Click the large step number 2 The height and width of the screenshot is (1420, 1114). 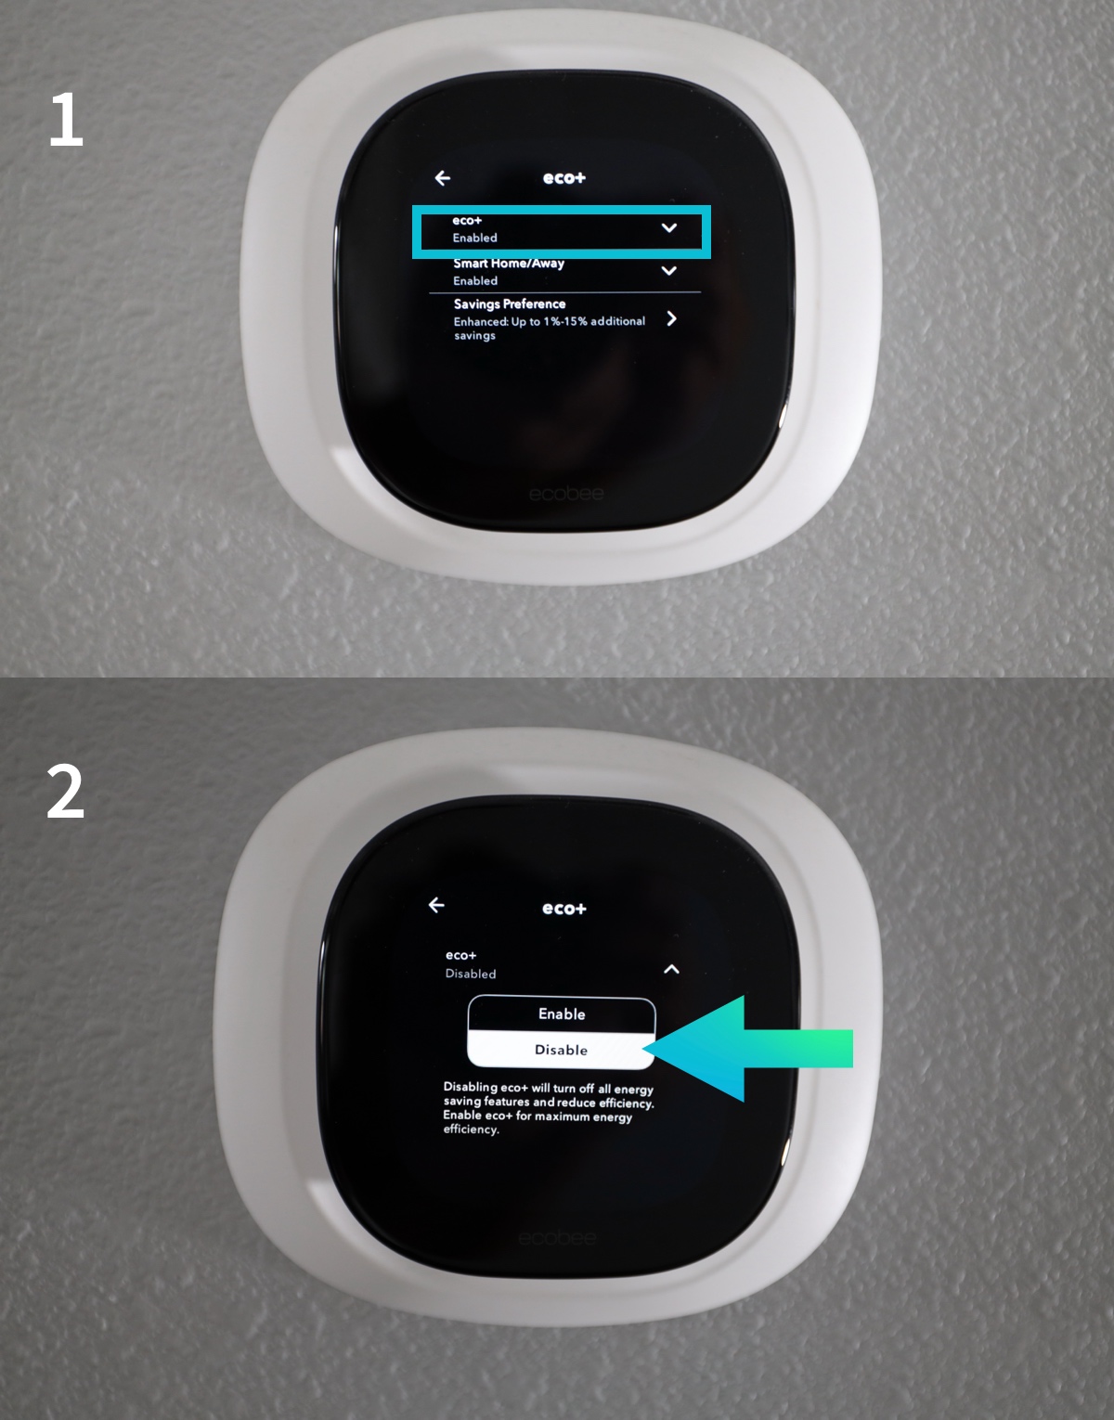click(66, 792)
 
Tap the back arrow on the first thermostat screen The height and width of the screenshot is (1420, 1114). click(442, 178)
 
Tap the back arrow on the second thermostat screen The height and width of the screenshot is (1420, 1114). click(436, 905)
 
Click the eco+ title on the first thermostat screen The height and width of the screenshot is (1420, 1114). click(564, 178)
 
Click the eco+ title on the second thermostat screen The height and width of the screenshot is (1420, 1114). click(564, 909)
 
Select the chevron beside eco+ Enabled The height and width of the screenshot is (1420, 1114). click(669, 227)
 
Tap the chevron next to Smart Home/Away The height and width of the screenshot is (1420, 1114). click(669, 270)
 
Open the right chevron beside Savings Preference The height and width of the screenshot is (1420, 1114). click(671, 318)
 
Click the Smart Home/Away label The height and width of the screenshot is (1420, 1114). click(509, 264)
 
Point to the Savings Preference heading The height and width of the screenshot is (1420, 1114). click(510, 303)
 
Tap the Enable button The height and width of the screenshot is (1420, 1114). click(562, 1013)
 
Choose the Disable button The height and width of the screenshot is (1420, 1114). click(562, 1050)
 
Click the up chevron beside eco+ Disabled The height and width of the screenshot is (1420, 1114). click(672, 969)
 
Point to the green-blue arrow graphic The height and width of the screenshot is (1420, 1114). click(748, 1048)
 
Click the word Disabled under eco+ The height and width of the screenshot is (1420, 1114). click(471, 974)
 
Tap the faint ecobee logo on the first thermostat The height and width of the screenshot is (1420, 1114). click(566, 494)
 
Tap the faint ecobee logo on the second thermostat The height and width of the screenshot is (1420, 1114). click(557, 1238)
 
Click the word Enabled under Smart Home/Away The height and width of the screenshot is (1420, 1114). click(475, 280)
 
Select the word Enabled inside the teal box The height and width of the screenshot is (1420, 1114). click(475, 238)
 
